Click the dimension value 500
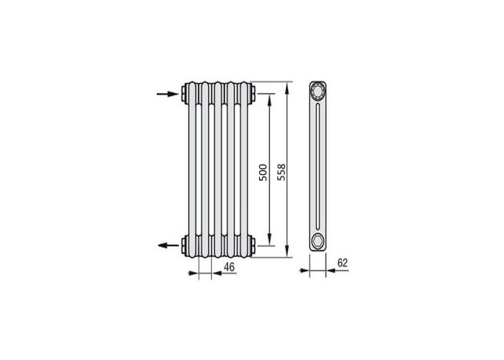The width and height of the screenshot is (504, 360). coord(263,172)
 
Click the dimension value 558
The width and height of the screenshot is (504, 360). coord(282,172)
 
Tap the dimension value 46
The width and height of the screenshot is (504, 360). coord(229,267)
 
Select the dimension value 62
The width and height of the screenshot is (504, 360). coord(343,263)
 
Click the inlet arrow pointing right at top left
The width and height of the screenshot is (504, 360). coord(168,94)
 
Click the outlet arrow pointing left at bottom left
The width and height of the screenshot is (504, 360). coord(168,246)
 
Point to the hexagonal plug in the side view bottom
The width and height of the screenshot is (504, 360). coord(318,240)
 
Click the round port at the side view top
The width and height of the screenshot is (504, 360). coord(318,91)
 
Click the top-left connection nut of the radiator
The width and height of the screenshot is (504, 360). coord(184,94)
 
